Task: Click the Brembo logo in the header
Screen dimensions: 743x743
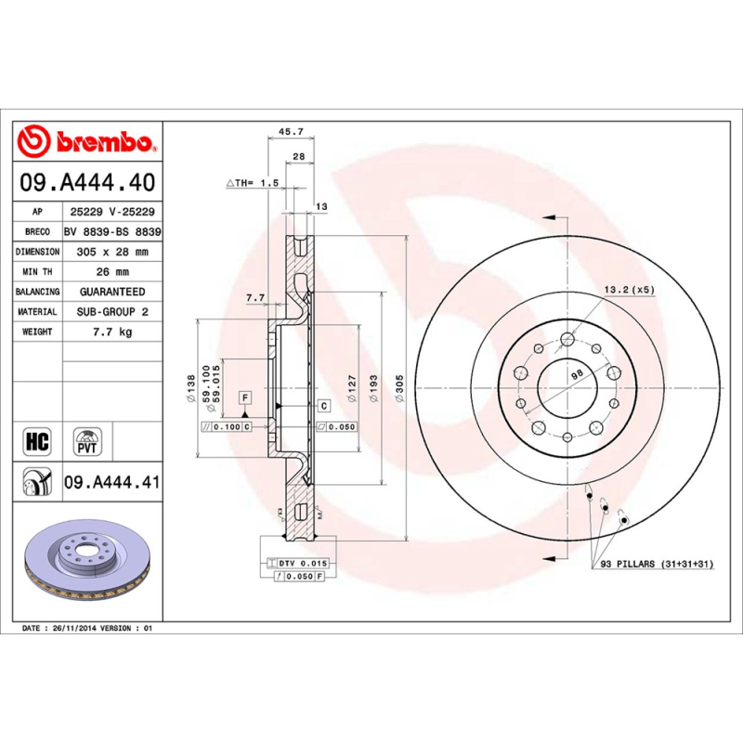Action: [x=85, y=141]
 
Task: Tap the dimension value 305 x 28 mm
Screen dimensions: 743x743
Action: [x=111, y=252]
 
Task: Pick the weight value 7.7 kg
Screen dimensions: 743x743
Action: [x=111, y=332]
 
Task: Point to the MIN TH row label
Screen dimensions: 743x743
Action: [x=38, y=272]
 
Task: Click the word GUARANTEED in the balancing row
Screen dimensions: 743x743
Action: [x=111, y=292]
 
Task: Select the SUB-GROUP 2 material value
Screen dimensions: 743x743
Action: [x=111, y=312]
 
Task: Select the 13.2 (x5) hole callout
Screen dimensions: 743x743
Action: [x=629, y=290]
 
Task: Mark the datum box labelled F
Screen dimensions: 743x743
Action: [x=245, y=397]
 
